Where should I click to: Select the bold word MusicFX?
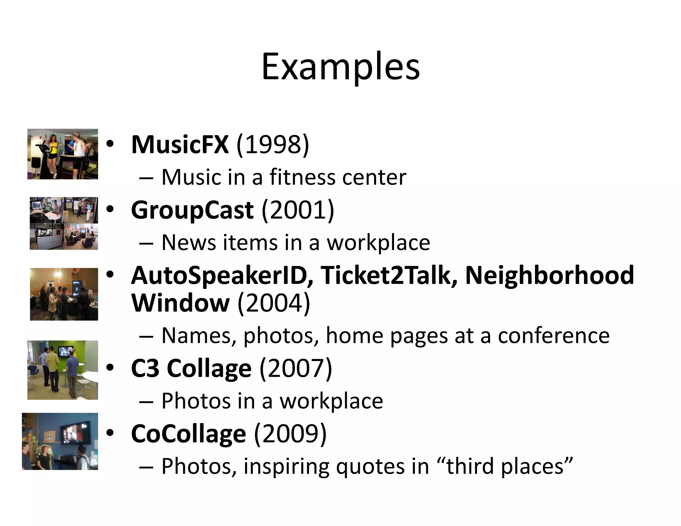180,145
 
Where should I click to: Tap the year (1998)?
273,145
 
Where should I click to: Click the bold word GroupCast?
192,210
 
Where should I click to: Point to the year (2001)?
298,210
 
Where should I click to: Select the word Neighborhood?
549,276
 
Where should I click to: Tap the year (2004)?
274,303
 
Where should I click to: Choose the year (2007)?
296,368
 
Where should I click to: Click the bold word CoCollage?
189,434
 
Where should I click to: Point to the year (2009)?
290,434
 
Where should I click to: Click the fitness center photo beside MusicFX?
63,154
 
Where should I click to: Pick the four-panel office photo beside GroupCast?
64,223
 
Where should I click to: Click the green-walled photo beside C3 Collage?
63,370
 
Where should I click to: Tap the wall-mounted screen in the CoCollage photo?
76,430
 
